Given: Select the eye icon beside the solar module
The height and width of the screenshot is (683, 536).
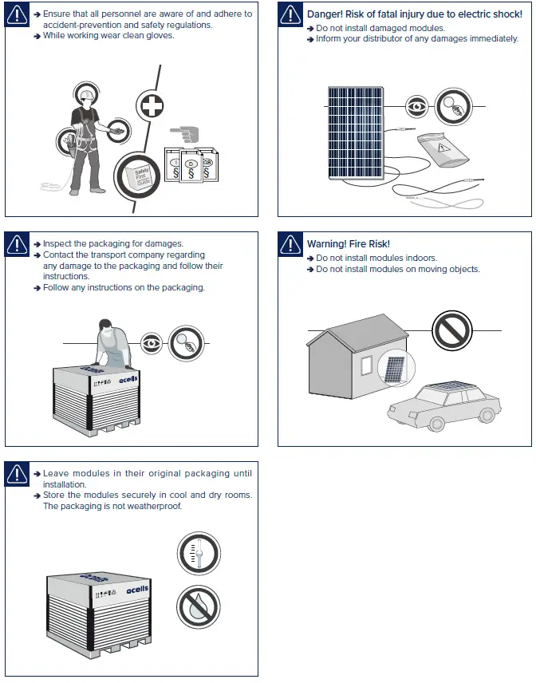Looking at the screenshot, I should click(416, 106).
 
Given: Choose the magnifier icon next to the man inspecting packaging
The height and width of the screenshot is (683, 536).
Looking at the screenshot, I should click(187, 344).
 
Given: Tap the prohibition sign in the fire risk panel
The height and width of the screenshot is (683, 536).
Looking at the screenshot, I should click(452, 330).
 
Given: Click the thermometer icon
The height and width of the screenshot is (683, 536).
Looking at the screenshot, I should click(198, 553).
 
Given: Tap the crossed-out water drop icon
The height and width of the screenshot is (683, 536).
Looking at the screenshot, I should click(198, 606).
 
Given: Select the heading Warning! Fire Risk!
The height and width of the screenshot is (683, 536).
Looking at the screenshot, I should click(348, 244).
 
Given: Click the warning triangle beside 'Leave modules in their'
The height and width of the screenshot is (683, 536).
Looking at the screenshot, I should click(18, 473).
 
